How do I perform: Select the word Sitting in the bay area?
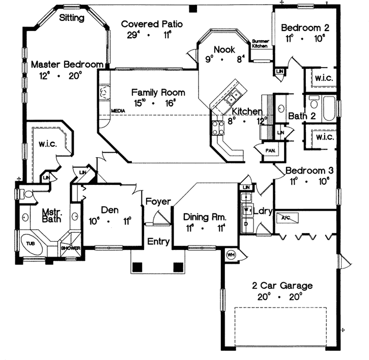(x=72, y=18)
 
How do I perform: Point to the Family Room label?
(x=158, y=93)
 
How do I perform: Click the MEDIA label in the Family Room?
(x=118, y=110)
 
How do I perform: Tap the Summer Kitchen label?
(x=260, y=44)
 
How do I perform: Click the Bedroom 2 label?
(x=305, y=27)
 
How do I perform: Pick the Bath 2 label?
(x=302, y=116)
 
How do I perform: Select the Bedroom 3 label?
(x=309, y=170)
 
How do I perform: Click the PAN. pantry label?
(x=270, y=151)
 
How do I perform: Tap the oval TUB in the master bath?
(x=31, y=244)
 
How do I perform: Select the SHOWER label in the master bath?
(x=70, y=248)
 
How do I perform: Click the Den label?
(x=109, y=210)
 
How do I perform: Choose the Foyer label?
(x=158, y=202)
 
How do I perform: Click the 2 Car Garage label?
(x=282, y=286)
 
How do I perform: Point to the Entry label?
(x=158, y=241)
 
